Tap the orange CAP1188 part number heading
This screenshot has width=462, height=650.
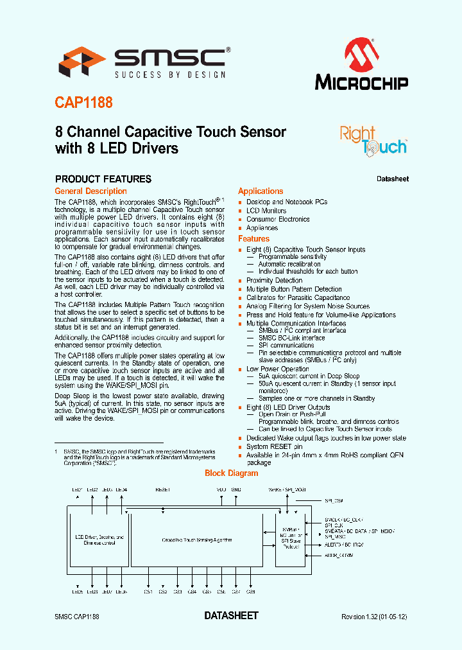[83, 103]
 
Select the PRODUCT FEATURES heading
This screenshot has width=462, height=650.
[103, 179]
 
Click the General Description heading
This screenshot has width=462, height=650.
[90, 191]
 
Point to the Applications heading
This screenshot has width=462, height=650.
[261, 191]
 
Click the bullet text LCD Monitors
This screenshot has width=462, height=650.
[266, 211]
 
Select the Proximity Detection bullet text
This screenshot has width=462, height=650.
[274, 281]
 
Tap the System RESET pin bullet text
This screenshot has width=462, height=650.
[274, 447]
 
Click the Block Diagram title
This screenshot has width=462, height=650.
[231, 473]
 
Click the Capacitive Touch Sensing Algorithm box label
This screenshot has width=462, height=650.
[196, 540]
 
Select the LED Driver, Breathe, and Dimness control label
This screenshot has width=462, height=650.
[99, 540]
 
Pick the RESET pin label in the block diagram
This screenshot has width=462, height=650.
[162, 489]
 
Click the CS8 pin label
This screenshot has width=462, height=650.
[251, 592]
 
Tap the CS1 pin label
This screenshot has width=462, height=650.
[148, 592]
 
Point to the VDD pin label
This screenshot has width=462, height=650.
[222, 489]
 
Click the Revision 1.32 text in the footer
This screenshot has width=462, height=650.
[374, 617]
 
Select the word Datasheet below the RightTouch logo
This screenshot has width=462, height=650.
[392, 179]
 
